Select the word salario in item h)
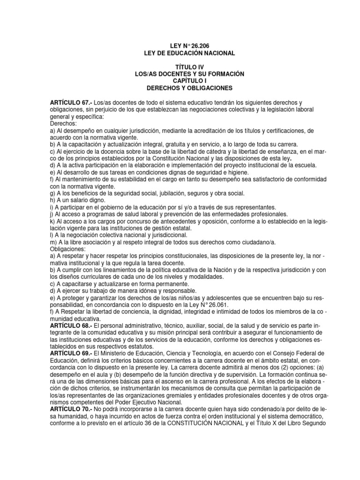pos(82,200)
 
